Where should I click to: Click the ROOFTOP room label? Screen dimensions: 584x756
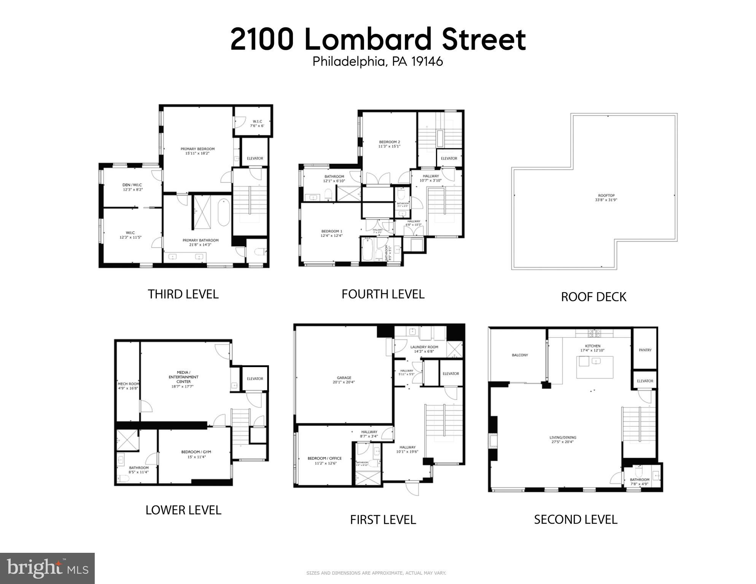(x=606, y=196)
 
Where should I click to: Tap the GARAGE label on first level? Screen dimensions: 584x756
(x=344, y=378)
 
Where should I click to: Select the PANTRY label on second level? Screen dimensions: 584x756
(x=645, y=350)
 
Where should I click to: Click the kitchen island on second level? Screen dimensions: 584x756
(x=595, y=367)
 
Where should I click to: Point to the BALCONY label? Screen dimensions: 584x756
(x=520, y=355)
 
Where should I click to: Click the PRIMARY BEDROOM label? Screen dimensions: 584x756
(x=197, y=149)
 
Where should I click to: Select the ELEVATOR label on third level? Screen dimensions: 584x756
(x=255, y=158)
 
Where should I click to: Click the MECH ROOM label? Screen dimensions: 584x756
(x=128, y=384)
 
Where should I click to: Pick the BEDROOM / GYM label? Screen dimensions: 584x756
(x=196, y=452)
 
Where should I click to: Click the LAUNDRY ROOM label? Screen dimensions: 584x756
(x=424, y=347)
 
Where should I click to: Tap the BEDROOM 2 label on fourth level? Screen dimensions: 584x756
(x=389, y=142)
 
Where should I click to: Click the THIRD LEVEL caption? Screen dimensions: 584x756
(x=183, y=294)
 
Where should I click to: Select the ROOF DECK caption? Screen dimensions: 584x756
(x=593, y=297)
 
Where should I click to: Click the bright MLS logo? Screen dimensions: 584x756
(x=47, y=568)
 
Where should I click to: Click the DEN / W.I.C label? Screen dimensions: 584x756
(x=132, y=185)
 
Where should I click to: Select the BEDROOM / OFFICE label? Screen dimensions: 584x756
(x=325, y=458)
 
